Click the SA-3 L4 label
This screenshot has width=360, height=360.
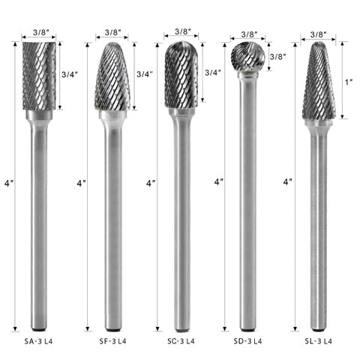pos(38,341)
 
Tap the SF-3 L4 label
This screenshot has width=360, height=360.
pos(112,341)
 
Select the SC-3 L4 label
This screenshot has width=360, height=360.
pos(181,341)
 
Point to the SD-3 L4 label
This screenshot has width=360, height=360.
pos(247,341)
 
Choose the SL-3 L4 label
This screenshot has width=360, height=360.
pos(319,341)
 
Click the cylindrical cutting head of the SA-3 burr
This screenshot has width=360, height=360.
pos(39,76)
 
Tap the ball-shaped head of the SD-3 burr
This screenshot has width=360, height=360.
pos(247,57)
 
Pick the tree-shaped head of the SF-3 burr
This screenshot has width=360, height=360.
pos(112,76)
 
